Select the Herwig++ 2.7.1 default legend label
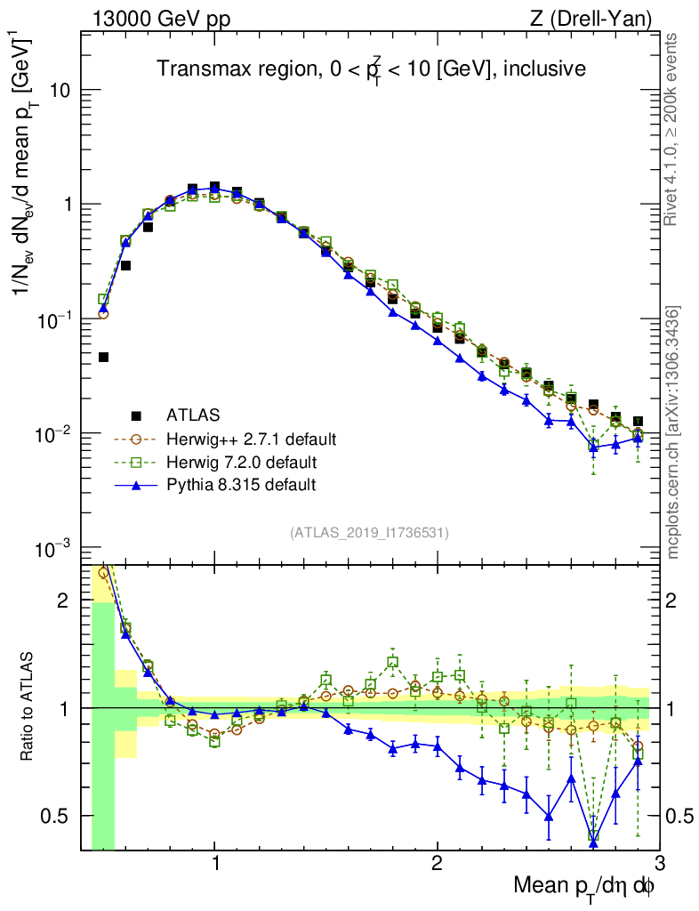[251, 439]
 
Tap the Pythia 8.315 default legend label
[241, 485]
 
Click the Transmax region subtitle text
[371, 69]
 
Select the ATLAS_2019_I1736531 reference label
[369, 533]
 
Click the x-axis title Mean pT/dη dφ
[585, 886]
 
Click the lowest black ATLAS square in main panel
[103, 357]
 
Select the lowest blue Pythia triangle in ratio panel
[593, 842]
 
